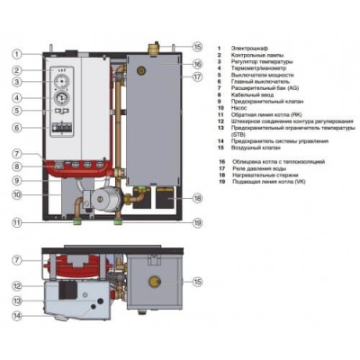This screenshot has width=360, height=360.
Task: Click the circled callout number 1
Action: click(17, 54)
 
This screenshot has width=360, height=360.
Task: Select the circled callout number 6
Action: click(17, 128)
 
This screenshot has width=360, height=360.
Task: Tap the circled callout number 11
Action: click(17, 222)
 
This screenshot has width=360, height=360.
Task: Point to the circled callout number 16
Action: click(198, 65)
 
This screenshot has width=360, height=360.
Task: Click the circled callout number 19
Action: click(198, 222)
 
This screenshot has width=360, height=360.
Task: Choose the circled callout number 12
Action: click(17, 286)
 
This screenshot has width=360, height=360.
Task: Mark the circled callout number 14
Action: click(17, 316)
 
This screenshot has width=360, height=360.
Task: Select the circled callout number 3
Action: click(17, 82)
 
